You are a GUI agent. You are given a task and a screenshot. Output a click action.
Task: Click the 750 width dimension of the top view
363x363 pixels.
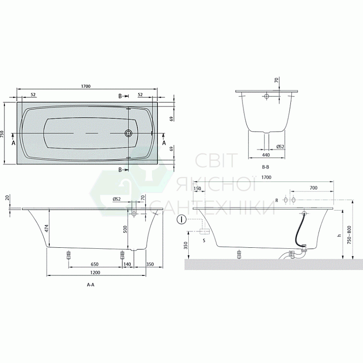2,134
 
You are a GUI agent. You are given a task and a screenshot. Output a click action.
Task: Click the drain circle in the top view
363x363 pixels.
128,133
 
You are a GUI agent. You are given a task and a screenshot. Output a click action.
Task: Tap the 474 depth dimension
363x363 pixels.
53,228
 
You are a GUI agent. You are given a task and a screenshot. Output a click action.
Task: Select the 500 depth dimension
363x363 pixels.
125,229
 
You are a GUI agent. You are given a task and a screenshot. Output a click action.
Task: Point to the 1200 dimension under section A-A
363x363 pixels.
95,272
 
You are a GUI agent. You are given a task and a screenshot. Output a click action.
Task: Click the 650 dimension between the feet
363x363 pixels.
94,264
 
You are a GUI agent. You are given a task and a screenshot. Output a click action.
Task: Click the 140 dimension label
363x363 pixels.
127,264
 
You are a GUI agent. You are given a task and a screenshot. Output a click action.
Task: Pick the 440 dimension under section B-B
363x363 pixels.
266,155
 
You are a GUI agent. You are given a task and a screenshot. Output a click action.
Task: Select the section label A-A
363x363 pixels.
91,285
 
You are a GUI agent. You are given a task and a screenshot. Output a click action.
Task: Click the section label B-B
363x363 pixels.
266,167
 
